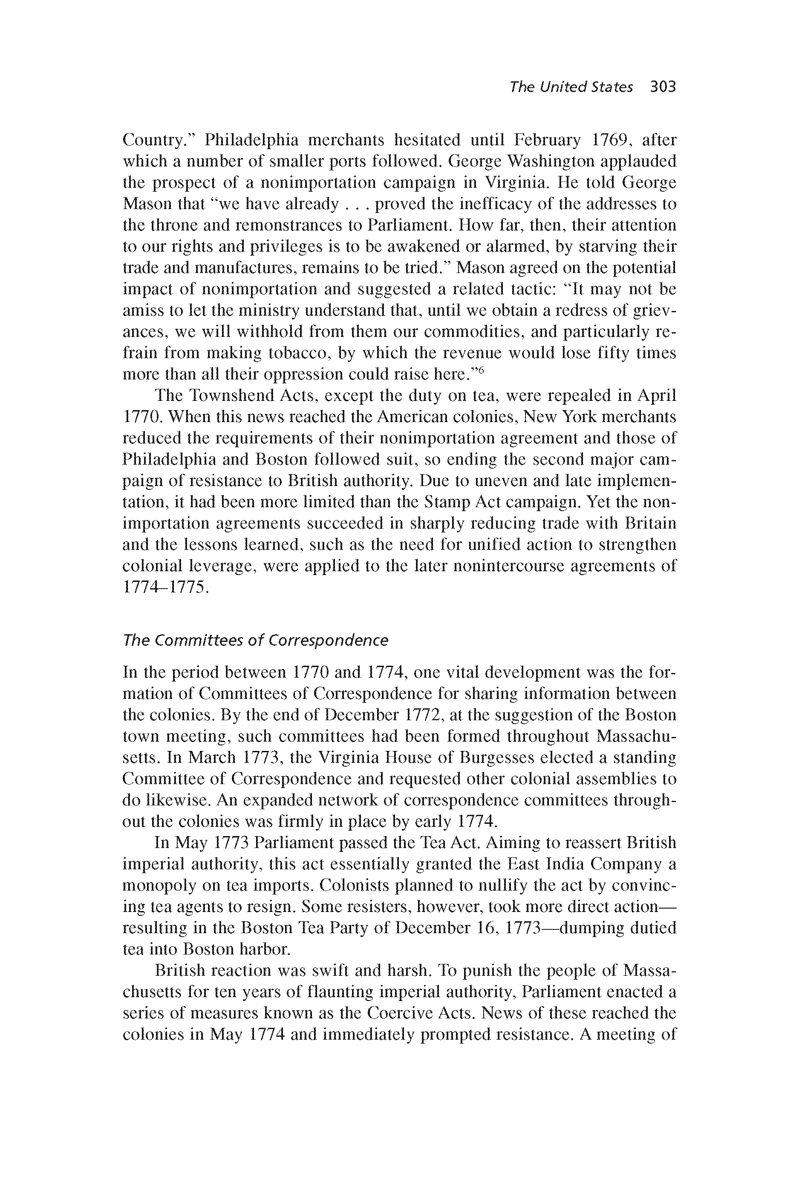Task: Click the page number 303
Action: point(662,87)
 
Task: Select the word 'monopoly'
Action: point(159,886)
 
